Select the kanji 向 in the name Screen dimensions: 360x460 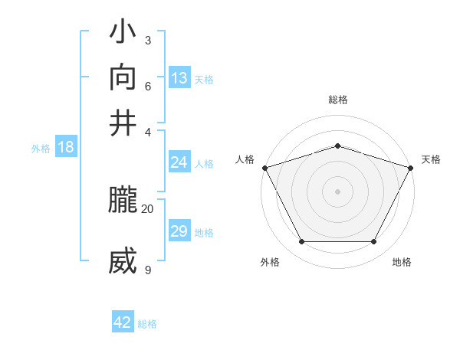tap(123, 77)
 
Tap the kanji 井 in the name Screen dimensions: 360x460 tap(123, 123)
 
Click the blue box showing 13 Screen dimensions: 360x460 tap(179, 77)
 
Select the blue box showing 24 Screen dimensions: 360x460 tap(179, 162)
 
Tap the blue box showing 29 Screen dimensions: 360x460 tap(179, 231)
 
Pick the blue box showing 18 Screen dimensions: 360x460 tap(66, 147)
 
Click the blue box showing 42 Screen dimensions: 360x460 tap(123, 322)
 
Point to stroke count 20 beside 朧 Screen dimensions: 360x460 tap(147, 208)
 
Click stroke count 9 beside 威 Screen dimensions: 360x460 tap(147, 269)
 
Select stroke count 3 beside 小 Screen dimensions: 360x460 tap(147, 40)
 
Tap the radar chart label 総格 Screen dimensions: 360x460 tap(337, 100)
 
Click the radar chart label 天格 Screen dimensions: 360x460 tap(431, 159)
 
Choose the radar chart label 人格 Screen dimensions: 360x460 tap(245, 159)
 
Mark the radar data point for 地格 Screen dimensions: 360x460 tap(374, 242)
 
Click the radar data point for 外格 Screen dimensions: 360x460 tap(301, 242)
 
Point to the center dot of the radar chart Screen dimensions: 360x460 tap(337, 191)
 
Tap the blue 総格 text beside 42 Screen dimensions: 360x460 tap(147, 324)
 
